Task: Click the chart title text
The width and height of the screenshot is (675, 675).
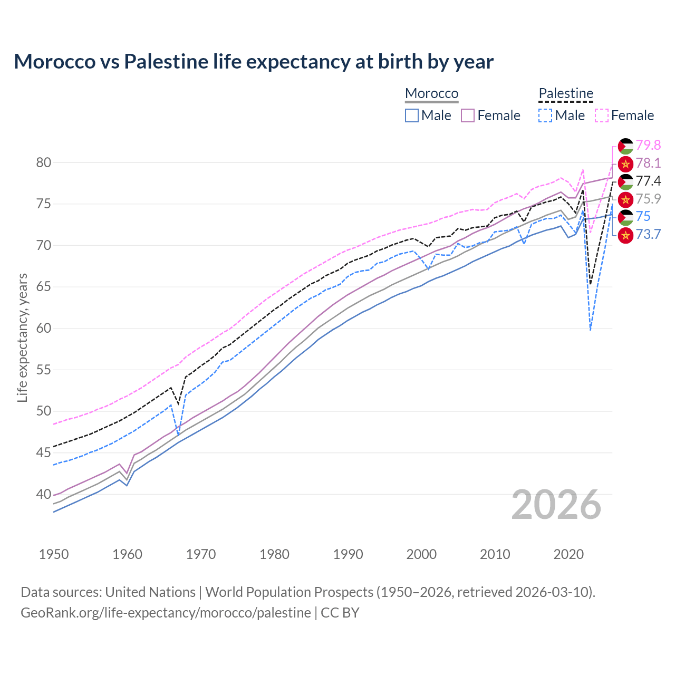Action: (x=254, y=62)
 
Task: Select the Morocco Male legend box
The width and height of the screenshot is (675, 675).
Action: (x=412, y=115)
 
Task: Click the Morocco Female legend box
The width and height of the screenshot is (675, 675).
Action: (x=468, y=115)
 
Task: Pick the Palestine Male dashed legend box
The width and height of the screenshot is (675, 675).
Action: (x=545, y=115)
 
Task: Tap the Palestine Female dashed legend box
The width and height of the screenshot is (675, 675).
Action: (x=602, y=115)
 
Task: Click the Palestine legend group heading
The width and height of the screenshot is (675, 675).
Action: (x=566, y=93)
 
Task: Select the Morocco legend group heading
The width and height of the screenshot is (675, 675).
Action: (x=431, y=93)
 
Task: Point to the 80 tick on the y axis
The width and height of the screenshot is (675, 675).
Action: (x=44, y=162)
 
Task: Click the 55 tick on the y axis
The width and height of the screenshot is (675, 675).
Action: (x=44, y=370)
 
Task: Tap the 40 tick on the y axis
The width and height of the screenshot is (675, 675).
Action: (x=44, y=494)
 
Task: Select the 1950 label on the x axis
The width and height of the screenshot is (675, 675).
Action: (x=54, y=554)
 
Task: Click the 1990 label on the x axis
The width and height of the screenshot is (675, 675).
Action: (x=348, y=554)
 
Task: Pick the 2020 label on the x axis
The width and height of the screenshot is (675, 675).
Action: (x=568, y=554)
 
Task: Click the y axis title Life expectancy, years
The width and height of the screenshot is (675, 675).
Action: (x=22, y=337)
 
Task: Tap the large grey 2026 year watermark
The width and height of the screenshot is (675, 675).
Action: (x=556, y=505)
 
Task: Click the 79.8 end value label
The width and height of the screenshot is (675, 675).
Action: (x=648, y=145)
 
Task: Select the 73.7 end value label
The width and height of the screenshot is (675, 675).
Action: (x=648, y=234)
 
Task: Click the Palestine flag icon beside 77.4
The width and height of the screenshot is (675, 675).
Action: (x=625, y=181)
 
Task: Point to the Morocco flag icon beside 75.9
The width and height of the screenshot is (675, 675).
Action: (x=625, y=199)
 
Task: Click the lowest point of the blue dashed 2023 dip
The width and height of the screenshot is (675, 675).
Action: (x=590, y=330)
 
